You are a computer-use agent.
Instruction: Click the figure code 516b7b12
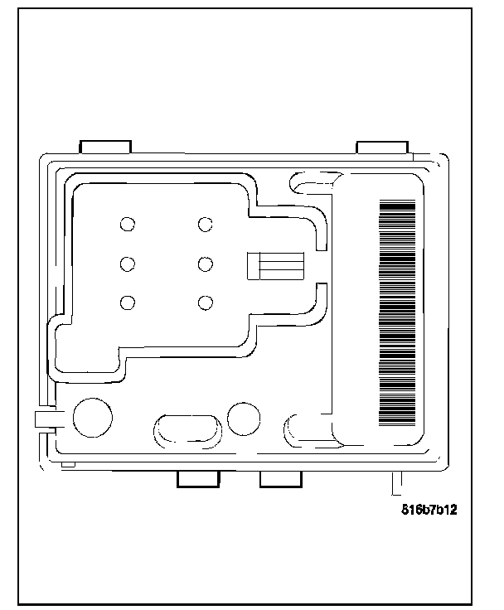click(x=428, y=511)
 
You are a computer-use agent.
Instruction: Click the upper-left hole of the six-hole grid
click(x=128, y=224)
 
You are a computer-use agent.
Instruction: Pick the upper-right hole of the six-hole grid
click(x=205, y=224)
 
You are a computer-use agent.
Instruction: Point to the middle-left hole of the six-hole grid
click(x=128, y=264)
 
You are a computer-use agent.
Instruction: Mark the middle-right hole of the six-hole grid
click(x=205, y=264)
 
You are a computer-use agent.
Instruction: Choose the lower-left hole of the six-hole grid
click(x=128, y=303)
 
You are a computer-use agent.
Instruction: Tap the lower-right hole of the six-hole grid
click(x=205, y=303)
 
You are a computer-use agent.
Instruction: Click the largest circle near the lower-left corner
click(x=93, y=418)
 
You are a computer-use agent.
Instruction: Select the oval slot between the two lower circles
click(x=188, y=430)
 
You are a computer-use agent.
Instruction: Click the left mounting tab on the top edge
click(x=105, y=147)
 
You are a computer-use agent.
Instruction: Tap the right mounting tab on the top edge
click(x=382, y=147)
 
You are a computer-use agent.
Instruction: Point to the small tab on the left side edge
click(x=44, y=419)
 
